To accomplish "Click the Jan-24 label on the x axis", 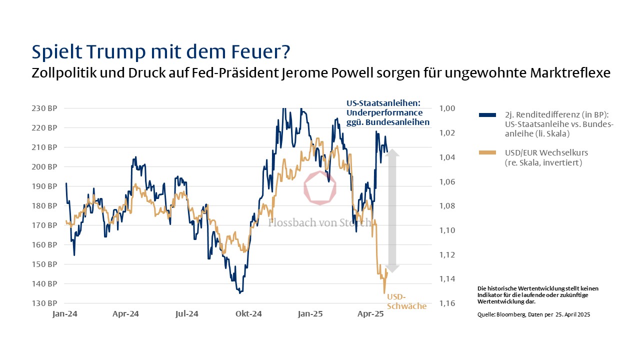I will pos(65,314).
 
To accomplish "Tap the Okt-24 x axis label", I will pos(248,314).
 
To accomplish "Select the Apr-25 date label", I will pos(371,314).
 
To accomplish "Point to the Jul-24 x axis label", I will pos(187,314).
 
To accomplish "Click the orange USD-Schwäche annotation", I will pos(406,301).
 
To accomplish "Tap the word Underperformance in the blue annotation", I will pos(384,112).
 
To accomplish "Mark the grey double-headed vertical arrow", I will pos(392,210).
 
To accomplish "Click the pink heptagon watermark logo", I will pos(320,187).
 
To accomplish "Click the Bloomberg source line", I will pos(537,314).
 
